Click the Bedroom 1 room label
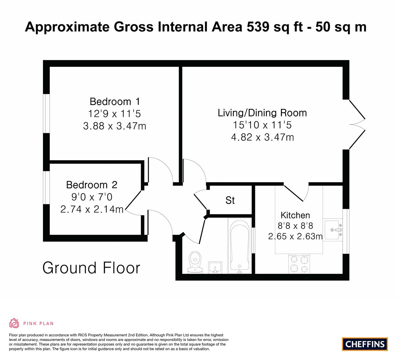coord(115,102)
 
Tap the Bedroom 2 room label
coord(92,185)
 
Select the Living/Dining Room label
coord(262,113)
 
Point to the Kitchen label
coord(295,215)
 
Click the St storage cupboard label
coord(230,200)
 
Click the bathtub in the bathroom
coord(240,246)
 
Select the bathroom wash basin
coord(215,268)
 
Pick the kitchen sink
coord(333,230)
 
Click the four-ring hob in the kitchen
coord(299,264)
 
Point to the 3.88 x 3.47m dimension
coord(115,126)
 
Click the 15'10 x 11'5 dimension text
coord(262,125)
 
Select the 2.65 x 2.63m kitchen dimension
coord(295,236)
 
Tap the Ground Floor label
coord(91,268)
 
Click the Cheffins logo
coord(365,344)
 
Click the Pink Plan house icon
coord(14,323)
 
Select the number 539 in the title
coord(258,27)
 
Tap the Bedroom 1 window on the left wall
coord(46,113)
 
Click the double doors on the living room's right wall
coord(357,124)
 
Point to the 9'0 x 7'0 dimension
coord(92,197)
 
